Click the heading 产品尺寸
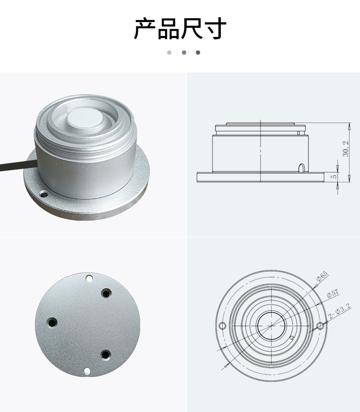[x=180, y=28]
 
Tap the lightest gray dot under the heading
[x=169, y=53]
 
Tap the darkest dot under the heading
[x=198, y=53]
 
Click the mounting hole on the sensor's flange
[x=44, y=195]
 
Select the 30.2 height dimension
[x=346, y=149]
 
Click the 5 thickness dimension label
[x=334, y=177]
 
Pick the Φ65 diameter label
[x=322, y=276]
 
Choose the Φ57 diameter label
[x=333, y=294]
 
